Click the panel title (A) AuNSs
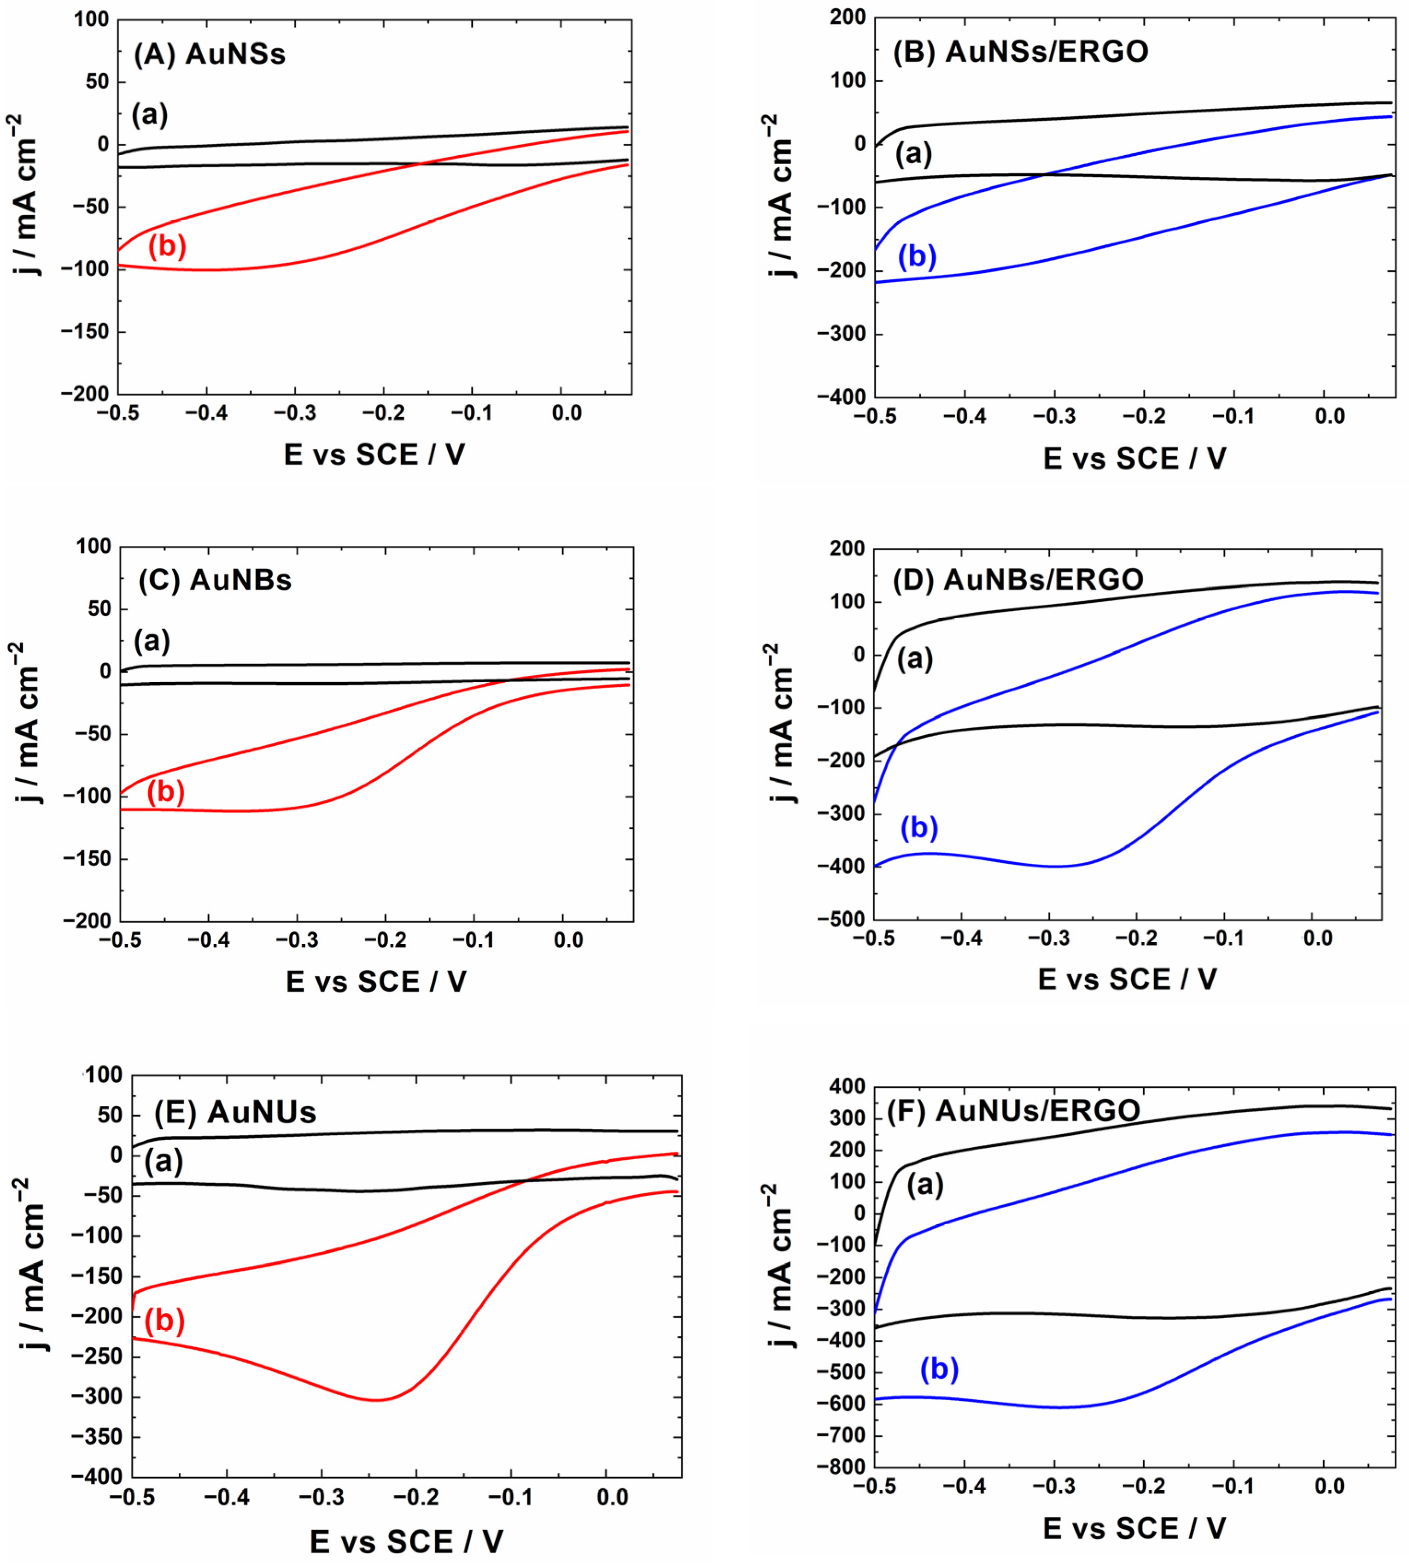click(209, 54)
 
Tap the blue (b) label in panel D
click(919, 827)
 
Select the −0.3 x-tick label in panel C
click(297, 940)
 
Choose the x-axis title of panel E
click(406, 1541)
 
